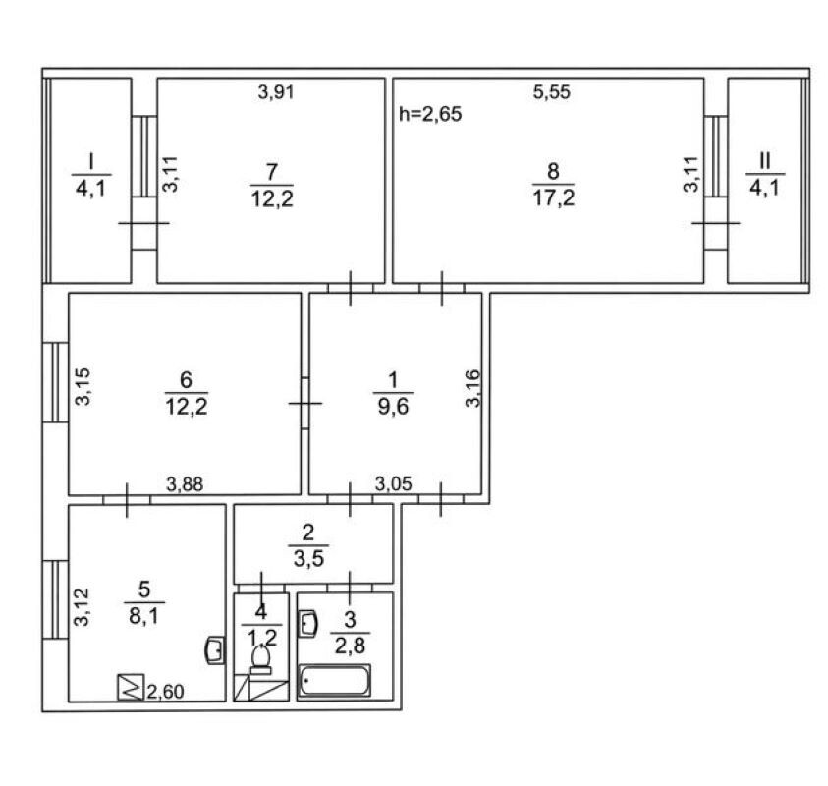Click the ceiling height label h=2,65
coord(430,114)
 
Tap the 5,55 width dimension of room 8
coord(552,92)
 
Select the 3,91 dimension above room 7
coord(276,92)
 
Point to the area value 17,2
coord(553,197)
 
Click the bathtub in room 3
coord(335,680)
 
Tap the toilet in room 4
coord(261,660)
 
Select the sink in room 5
coord(215,650)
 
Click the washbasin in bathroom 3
coord(307,624)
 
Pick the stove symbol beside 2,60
coord(131,687)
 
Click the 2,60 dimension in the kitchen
coord(165,692)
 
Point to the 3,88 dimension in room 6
coord(185,483)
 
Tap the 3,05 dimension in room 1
coord(394,483)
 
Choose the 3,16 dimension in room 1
coord(473,388)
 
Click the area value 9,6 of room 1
coord(394,407)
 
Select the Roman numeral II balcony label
coord(764,161)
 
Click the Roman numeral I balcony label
coord(90,161)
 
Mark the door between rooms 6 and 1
coord(304,403)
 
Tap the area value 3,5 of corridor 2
coord(308,558)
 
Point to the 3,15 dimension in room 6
coord(83,386)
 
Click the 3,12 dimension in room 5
coord(82,607)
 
